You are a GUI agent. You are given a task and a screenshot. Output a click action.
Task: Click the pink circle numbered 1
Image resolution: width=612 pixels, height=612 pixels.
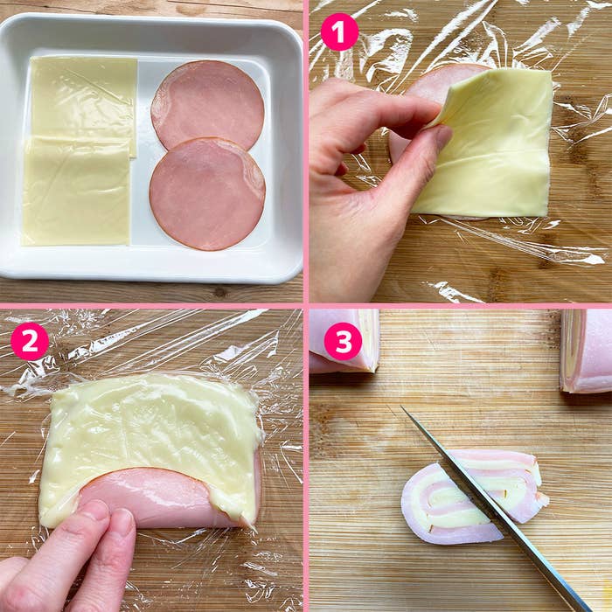pos(339,32)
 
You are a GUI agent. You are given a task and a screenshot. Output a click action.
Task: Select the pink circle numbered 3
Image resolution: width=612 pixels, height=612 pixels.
pos(343,342)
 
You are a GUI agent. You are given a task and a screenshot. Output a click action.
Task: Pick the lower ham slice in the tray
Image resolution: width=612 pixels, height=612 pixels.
pos(207,194)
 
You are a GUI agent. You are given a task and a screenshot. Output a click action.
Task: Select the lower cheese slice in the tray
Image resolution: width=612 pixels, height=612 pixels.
pos(76,191)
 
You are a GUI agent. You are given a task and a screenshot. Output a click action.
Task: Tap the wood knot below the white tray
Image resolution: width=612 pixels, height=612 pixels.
pos(219,291)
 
